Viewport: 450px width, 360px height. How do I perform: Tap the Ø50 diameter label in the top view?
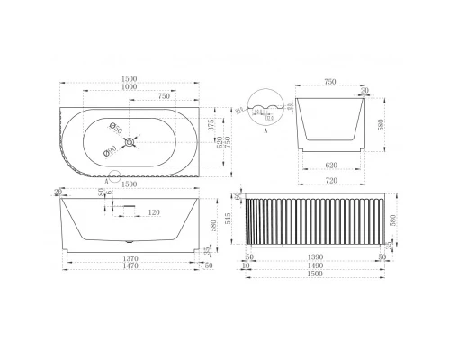[x=116, y=126]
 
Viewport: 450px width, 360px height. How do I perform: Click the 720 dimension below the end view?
[x=331, y=182]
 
